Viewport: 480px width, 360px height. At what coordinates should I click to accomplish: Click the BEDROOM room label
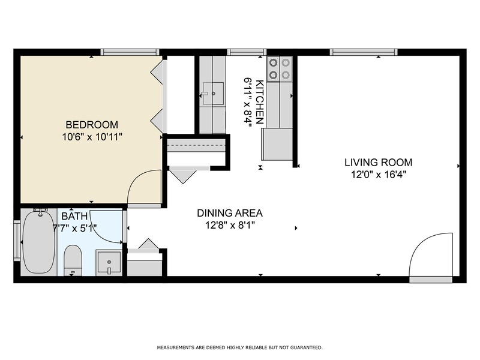pos(91,125)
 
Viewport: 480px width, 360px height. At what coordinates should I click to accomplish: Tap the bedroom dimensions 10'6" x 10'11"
pos(91,137)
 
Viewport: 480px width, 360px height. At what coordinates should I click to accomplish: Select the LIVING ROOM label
pos(378,162)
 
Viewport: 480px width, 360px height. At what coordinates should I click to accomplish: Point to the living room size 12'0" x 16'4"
pos(378,175)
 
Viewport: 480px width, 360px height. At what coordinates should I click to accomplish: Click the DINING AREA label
pos(230,213)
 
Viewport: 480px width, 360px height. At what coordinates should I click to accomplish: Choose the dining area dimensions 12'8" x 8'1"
pos(230,226)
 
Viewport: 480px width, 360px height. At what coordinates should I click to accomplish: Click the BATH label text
pos(74,216)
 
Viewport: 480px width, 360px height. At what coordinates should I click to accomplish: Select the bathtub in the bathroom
pos(38,242)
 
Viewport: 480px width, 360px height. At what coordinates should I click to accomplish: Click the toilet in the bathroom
pos(73,259)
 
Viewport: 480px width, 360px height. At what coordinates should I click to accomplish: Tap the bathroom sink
pos(109,263)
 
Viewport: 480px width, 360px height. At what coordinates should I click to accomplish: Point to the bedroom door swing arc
pos(144,187)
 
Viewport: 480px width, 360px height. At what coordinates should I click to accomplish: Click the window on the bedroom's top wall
pos(130,52)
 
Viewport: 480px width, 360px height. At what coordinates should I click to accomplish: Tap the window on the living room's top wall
pos(364,52)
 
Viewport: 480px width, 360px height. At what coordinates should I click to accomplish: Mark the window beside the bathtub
pos(16,242)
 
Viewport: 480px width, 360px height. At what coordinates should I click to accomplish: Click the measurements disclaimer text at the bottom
pos(239,347)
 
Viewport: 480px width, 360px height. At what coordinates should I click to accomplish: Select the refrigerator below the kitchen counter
pos(277,144)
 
